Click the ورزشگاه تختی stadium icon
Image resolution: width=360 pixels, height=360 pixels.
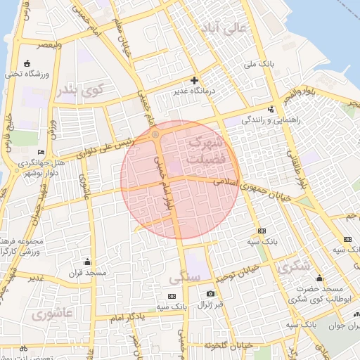click(x=27, y=63)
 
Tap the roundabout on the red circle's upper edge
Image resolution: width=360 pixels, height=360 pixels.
click(x=155, y=133)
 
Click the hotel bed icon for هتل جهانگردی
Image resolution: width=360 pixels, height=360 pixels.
click(x=41, y=153)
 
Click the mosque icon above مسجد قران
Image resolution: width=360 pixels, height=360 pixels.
click(x=87, y=262)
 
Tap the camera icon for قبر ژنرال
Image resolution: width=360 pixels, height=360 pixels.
click(x=210, y=293)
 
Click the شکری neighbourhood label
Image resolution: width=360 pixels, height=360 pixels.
click(x=294, y=267)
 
